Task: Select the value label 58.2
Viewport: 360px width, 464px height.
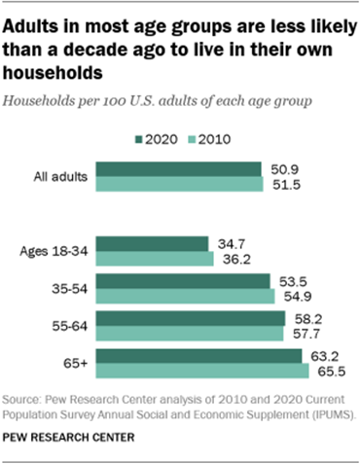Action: point(303,319)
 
